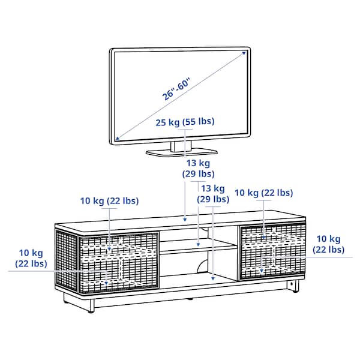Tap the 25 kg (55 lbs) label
point(185,122)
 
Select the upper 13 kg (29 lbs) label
point(197,168)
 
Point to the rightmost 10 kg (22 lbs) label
point(328,244)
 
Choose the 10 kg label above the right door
point(263,193)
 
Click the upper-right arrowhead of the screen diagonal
point(245,53)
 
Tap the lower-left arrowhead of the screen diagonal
point(116,139)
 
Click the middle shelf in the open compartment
point(198,246)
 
